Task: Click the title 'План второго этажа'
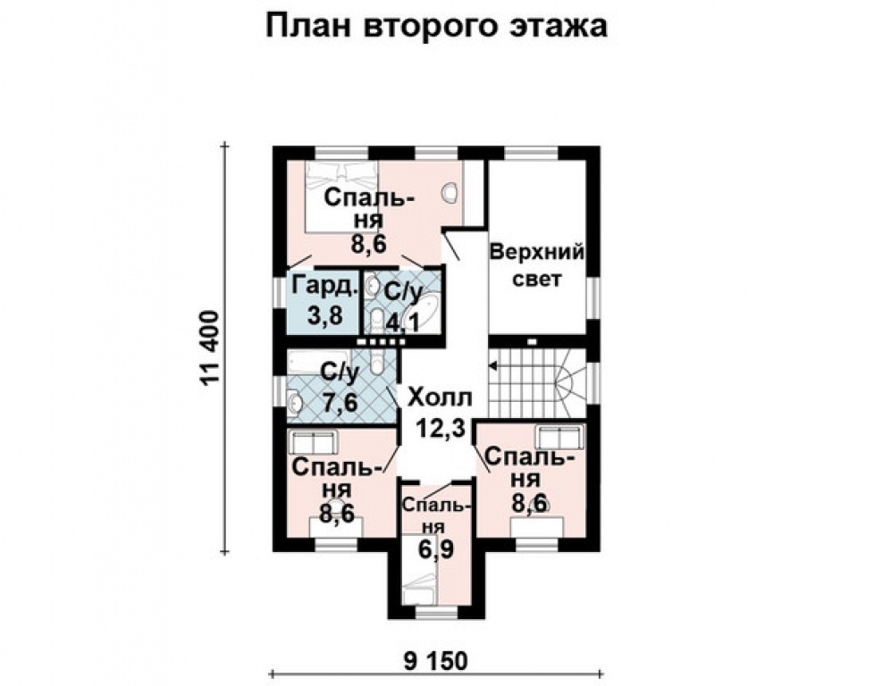[x=437, y=26]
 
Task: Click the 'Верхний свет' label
[x=537, y=265]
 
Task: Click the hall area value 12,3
[x=441, y=430]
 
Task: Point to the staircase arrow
[x=492, y=364]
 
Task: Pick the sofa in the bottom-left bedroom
[x=313, y=441]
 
